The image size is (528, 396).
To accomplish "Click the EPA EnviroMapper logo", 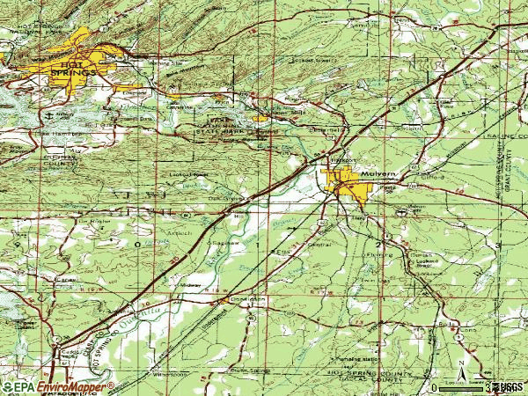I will [x=58, y=386].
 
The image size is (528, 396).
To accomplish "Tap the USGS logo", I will [x=508, y=386].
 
